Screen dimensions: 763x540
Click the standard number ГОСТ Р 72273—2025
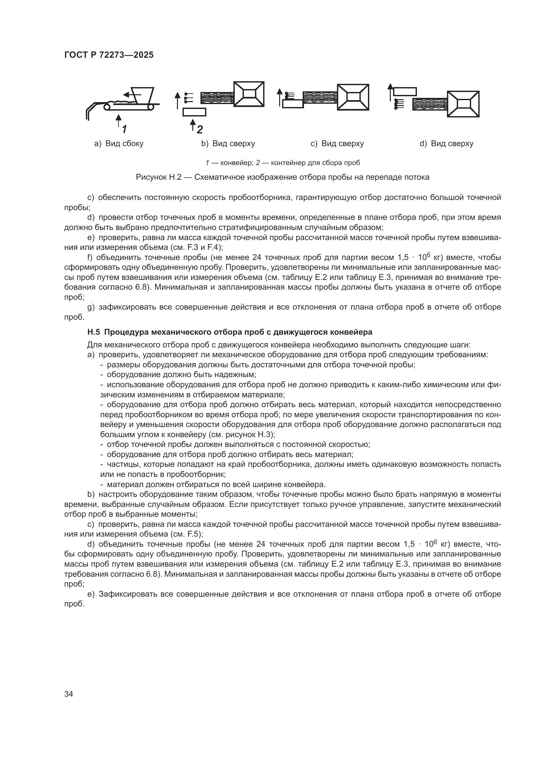[109, 55]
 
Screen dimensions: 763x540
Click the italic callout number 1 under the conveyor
[124, 129]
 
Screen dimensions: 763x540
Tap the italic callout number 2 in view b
[199, 129]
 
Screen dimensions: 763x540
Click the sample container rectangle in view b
[194, 112]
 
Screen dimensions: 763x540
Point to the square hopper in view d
[463, 104]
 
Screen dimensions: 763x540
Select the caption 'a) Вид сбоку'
[119, 144]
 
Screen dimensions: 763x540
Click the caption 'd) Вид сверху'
[446, 144]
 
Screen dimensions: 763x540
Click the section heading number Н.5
[93, 332]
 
